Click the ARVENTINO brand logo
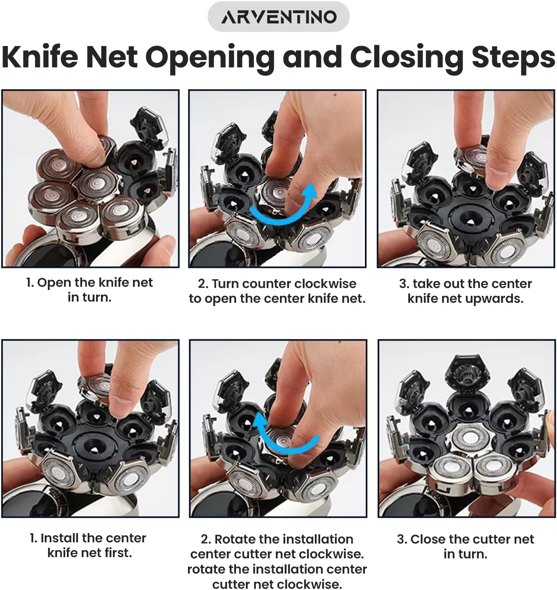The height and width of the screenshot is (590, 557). coord(278,16)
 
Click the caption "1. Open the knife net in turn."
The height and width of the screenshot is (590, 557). coord(89,290)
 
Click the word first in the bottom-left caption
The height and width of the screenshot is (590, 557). coord(118,553)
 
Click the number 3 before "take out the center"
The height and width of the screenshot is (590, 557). coord(402,284)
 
